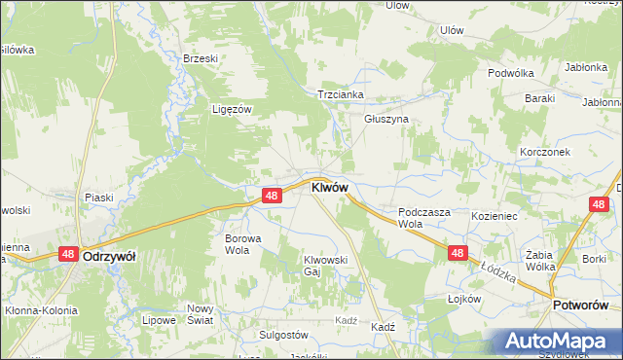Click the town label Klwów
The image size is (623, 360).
click(329, 188)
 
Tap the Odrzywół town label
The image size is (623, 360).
click(109, 256)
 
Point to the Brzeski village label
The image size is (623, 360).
click(201, 58)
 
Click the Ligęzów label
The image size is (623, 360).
click(233, 109)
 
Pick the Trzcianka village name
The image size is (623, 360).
click(341, 94)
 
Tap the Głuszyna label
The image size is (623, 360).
click(386, 119)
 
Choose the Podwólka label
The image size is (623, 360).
click(512, 73)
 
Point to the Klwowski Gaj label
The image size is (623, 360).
click(326, 266)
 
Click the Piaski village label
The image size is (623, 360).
click(98, 198)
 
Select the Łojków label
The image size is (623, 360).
click(465, 299)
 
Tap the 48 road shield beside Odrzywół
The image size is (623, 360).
click(68, 254)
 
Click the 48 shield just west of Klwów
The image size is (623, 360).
click(272, 196)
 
